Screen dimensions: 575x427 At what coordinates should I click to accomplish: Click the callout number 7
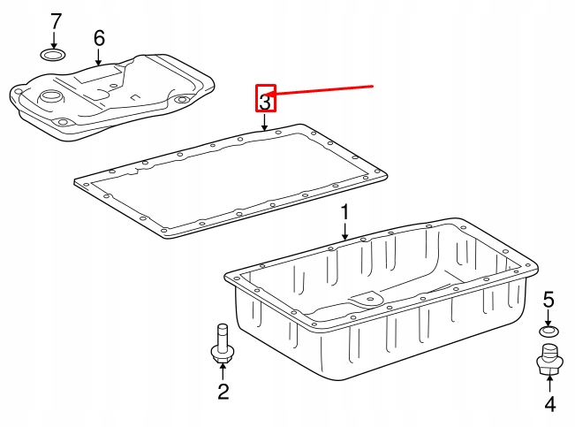pos(55,21)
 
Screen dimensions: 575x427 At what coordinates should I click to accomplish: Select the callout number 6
pos(99,38)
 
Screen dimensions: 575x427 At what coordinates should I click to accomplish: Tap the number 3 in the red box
pos(265,102)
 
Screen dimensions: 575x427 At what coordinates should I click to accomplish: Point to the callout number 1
pos(344,213)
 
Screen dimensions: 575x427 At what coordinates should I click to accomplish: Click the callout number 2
pos(223,392)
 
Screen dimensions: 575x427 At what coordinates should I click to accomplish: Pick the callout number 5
pos(549,300)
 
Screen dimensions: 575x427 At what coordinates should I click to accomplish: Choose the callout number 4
pos(549,404)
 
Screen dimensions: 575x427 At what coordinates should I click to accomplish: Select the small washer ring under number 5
pos(549,332)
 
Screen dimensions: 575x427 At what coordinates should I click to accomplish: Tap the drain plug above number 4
pos(549,360)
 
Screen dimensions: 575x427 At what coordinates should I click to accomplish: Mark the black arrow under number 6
pos(98,57)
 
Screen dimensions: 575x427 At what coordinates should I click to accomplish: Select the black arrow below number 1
pos(344,232)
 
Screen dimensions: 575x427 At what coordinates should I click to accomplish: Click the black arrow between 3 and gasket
pos(265,122)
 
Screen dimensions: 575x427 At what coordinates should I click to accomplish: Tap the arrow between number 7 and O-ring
pos(55,40)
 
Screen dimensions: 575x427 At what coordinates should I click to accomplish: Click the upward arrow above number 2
pos(223,371)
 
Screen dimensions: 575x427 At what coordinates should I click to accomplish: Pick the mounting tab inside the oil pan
pos(367,298)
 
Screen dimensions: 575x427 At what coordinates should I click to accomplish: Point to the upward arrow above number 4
pos(549,384)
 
